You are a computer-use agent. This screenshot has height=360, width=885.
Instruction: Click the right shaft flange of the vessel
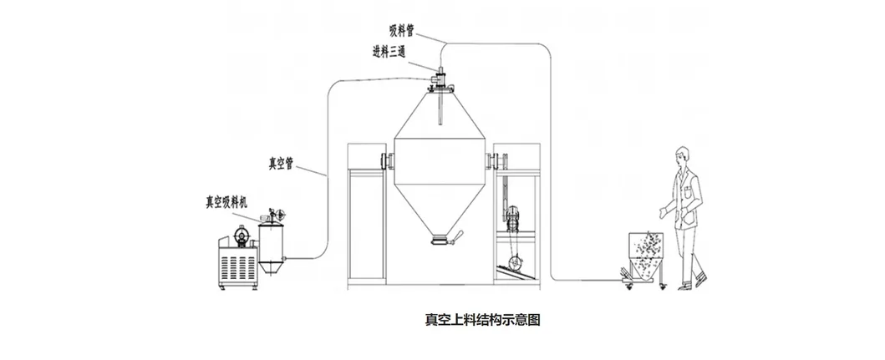coord(489,159)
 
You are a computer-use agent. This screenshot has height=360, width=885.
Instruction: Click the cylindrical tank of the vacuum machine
coord(270,241)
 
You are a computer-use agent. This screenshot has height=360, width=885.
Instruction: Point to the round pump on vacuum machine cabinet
coord(240,236)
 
